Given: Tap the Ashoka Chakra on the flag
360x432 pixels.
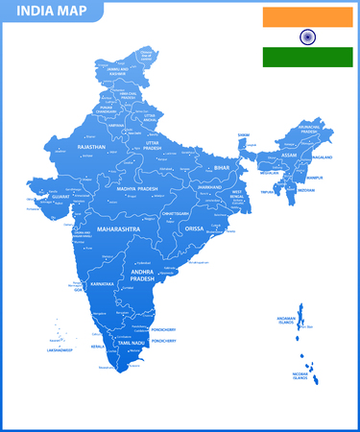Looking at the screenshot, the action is point(308,37).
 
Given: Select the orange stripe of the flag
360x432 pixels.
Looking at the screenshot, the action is point(308,17).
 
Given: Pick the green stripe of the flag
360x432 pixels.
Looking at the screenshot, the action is point(308,57).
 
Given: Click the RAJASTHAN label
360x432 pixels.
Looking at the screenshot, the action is point(91,147).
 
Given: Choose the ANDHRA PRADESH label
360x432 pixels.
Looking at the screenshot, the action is point(149,276).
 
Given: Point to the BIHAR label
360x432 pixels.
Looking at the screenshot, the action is point(223,167).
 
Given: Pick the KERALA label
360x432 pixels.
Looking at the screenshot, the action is point(97,346).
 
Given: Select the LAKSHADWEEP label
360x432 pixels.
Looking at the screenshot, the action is point(60,350).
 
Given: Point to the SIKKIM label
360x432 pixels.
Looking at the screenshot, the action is point(244,135).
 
